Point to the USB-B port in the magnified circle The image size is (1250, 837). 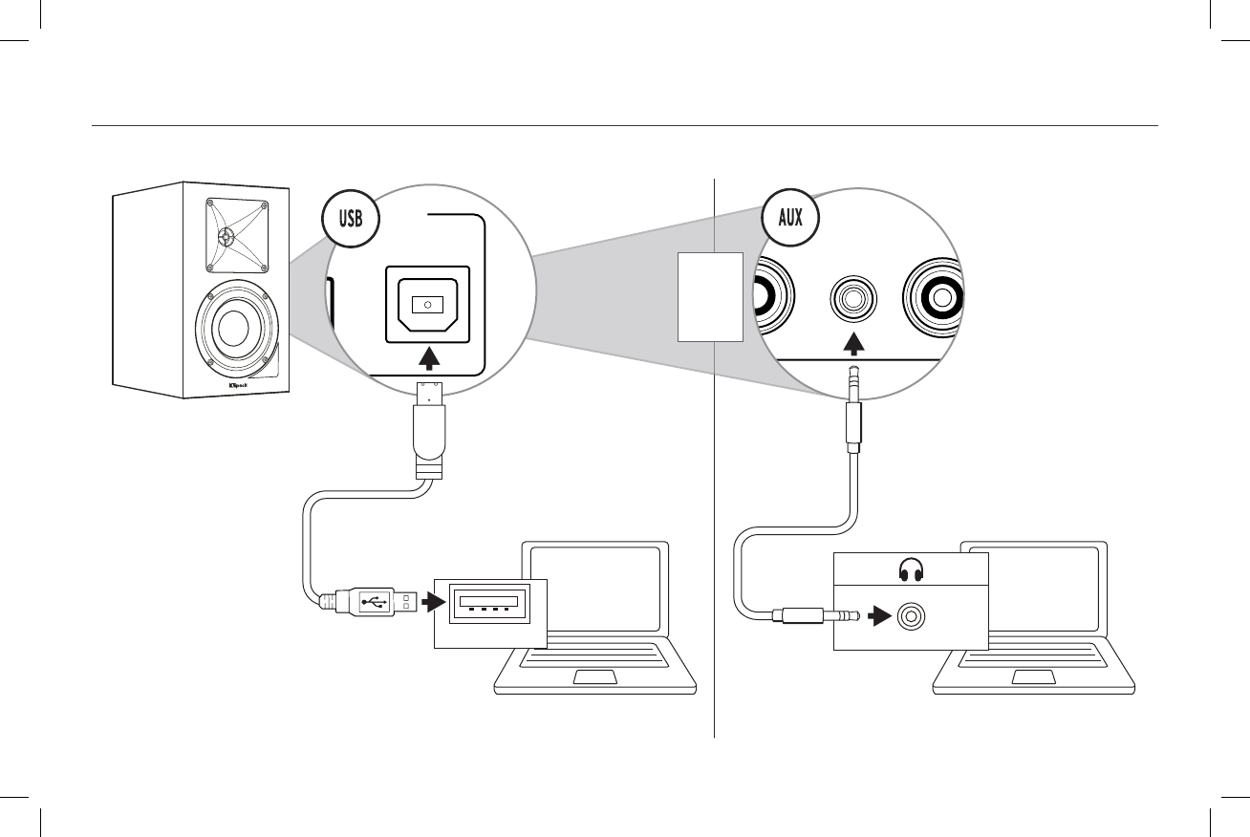click(427, 304)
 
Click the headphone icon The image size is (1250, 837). click(910, 571)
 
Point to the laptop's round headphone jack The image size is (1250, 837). click(910, 619)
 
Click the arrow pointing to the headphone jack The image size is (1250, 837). click(877, 619)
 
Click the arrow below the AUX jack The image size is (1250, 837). click(853, 342)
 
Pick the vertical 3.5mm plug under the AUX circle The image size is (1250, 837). click(853, 411)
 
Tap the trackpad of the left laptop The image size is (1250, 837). click(594, 677)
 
